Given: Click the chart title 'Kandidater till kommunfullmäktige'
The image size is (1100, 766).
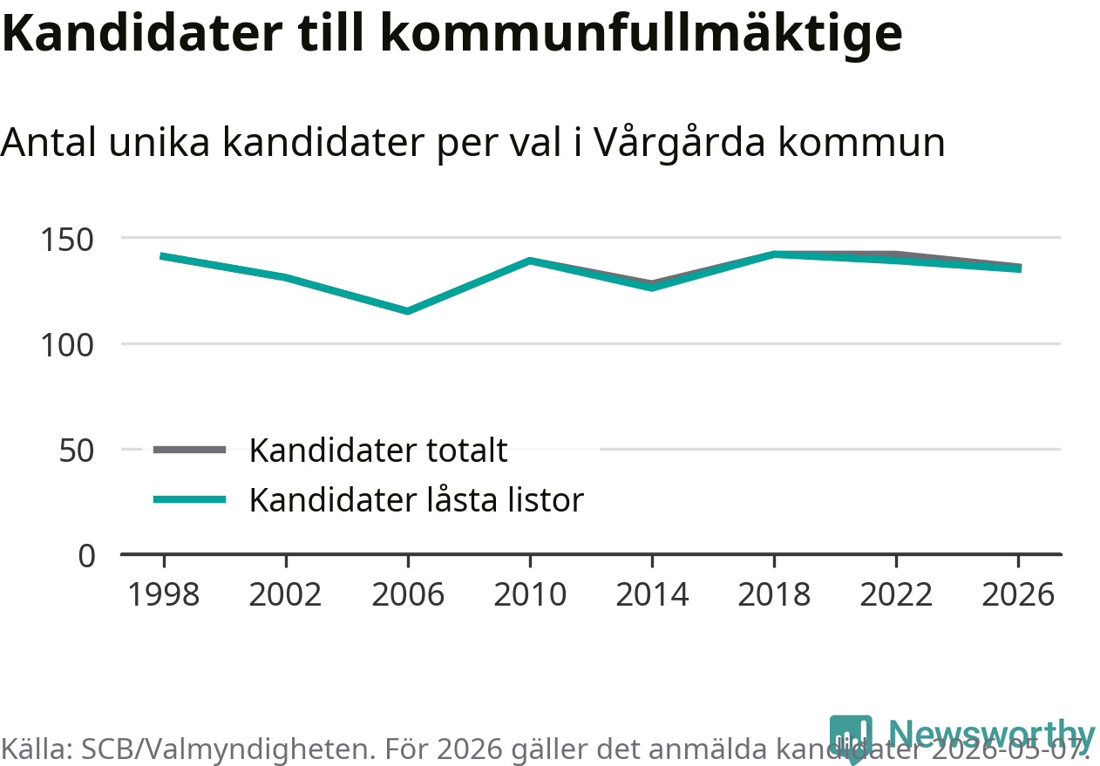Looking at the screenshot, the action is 452,34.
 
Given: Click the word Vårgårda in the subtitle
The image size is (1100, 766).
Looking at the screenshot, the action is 680,142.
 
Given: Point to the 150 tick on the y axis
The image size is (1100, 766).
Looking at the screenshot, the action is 67,241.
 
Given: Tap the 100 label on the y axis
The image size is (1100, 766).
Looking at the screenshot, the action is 67,346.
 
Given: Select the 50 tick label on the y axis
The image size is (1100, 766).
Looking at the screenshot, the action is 76,451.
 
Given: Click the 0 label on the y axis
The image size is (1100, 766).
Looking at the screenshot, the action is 86,556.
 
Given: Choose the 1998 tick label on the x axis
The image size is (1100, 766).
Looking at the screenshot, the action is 164,594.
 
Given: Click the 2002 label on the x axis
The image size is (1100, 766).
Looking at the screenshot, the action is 285,594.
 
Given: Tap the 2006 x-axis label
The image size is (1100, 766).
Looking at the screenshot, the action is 408,594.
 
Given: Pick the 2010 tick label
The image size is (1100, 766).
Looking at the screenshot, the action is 530,594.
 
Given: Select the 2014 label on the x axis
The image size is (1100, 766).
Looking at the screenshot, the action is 652,594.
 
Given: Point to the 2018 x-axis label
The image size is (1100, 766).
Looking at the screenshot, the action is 774,594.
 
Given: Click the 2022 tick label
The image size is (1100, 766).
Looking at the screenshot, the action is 896,594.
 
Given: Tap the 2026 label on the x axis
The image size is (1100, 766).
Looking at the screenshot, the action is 1018,594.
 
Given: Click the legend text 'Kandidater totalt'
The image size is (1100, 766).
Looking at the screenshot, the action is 378,451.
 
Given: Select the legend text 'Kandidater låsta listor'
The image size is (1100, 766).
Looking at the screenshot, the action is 417,500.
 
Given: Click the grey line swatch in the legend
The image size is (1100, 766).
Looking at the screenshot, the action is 189,450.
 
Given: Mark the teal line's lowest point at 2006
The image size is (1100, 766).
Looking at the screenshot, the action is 408,311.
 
